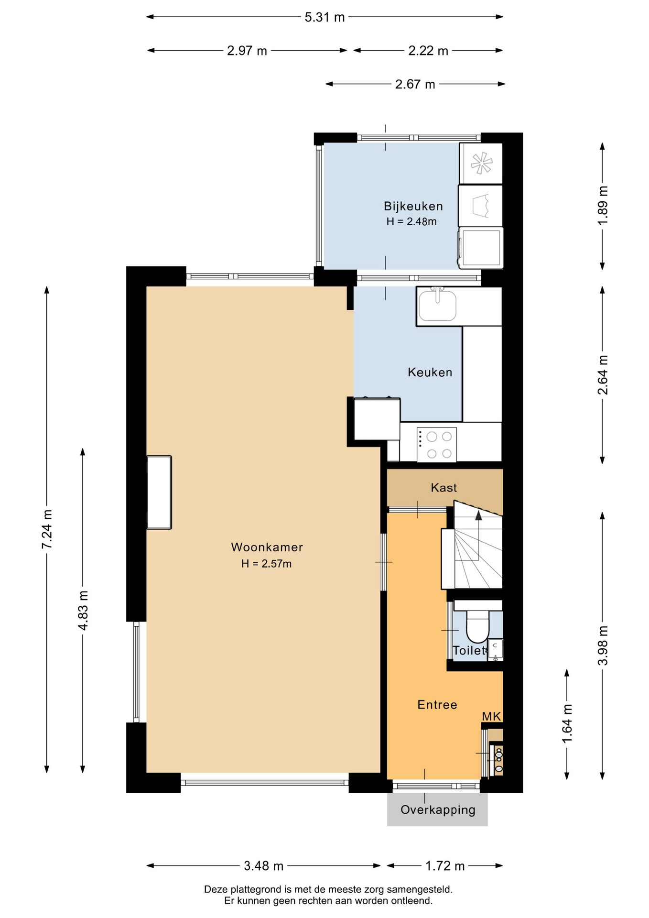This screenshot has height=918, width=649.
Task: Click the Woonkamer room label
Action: tap(267, 547)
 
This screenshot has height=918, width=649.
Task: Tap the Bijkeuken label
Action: tap(413, 206)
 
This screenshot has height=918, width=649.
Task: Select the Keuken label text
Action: tap(430, 372)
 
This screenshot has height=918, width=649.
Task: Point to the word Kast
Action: tap(443, 488)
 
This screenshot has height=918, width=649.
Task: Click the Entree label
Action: tap(437, 704)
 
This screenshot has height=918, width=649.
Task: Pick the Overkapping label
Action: tap(438, 809)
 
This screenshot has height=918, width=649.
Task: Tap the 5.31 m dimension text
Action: tap(324, 17)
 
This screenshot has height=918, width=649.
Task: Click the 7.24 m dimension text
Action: tap(47, 529)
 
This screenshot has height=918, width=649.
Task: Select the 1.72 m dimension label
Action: tap(445, 866)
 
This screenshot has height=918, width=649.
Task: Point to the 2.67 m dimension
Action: tap(415, 84)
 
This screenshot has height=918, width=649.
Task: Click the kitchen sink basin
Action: tap(437, 306)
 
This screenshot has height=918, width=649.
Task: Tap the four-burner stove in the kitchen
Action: tap(436, 445)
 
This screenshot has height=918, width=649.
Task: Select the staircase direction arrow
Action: tap(478, 535)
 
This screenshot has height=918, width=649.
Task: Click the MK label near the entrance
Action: tap(491, 716)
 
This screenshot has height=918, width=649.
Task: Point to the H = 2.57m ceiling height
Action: tap(266, 564)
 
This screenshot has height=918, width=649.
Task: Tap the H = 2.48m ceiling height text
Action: tap(411, 221)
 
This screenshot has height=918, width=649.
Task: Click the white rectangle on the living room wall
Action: tap(159, 492)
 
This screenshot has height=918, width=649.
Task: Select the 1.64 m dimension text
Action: tap(567, 724)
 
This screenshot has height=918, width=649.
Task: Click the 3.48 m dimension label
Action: tap(263, 866)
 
